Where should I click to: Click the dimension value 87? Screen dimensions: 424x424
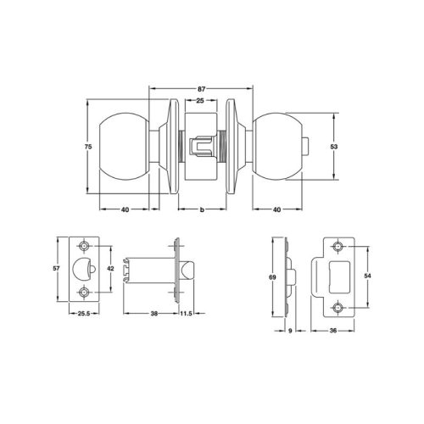(x=201, y=88)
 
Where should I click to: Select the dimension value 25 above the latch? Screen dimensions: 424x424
(x=199, y=102)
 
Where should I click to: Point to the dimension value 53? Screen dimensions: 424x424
(x=335, y=146)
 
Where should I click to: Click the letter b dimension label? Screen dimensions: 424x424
(x=201, y=209)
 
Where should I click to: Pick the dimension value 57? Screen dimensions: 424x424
(x=56, y=268)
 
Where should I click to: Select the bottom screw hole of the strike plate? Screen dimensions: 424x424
(x=338, y=306)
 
